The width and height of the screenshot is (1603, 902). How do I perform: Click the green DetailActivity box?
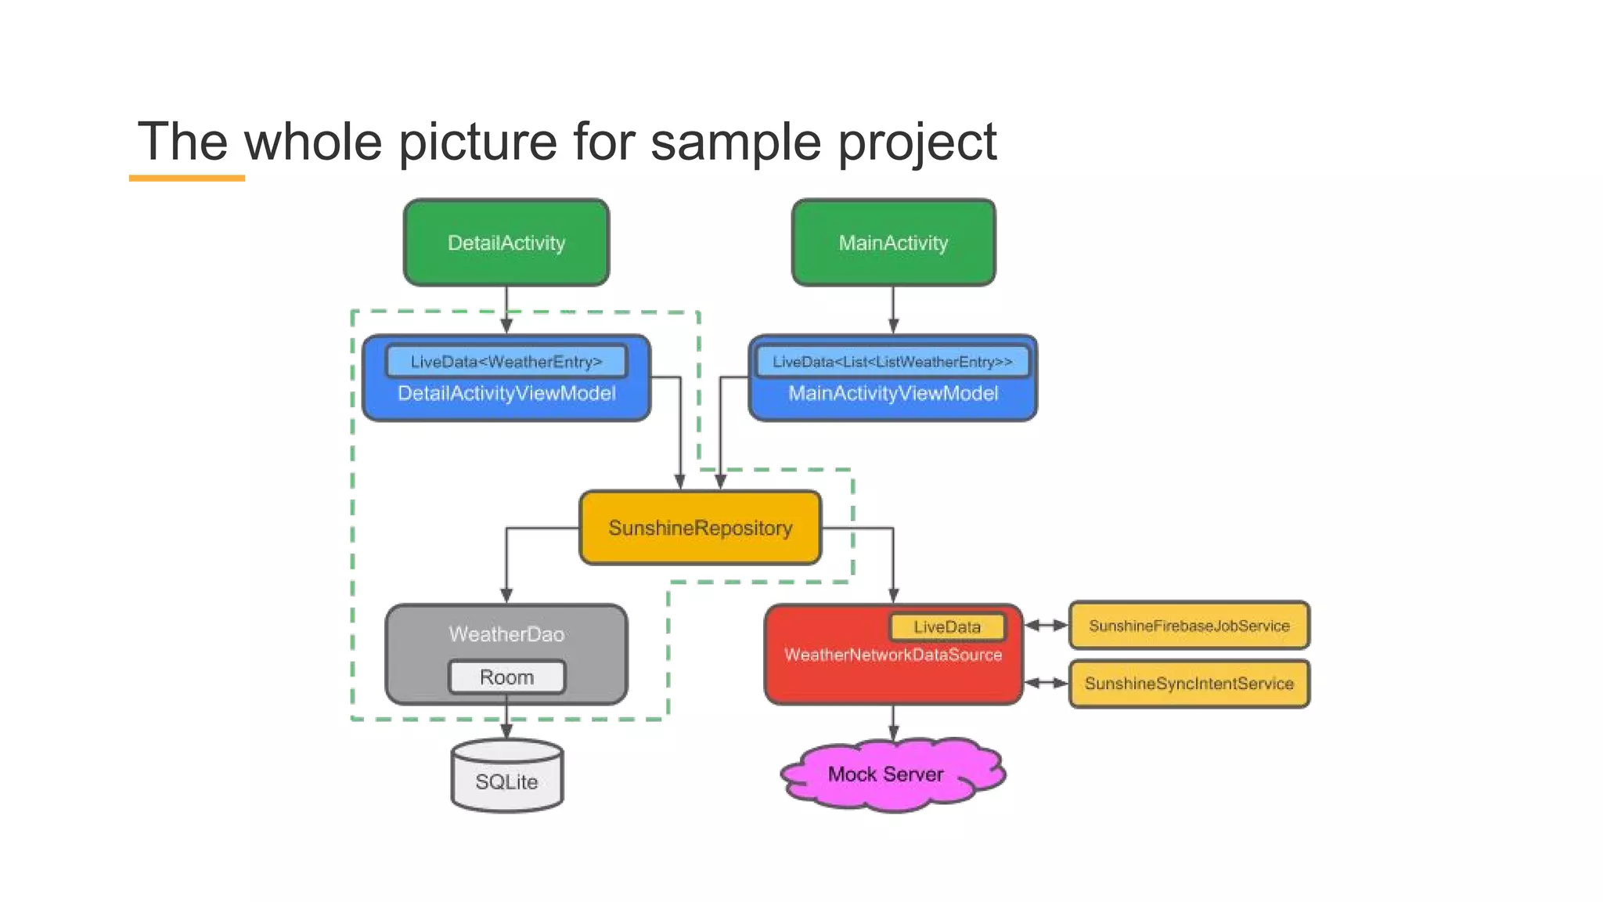(x=506, y=243)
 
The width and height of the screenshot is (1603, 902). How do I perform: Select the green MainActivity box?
(x=893, y=243)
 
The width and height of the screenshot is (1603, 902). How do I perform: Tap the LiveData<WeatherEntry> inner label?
(x=506, y=362)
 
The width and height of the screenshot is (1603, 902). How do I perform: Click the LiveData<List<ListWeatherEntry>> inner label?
(x=892, y=362)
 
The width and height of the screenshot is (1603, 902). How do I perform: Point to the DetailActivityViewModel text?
(x=506, y=394)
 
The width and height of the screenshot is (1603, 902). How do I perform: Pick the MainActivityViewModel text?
(x=892, y=394)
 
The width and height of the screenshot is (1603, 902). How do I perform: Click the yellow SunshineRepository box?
(x=700, y=529)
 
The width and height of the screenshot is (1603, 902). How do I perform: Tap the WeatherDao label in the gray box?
(x=506, y=634)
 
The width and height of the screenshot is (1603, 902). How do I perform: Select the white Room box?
(x=506, y=677)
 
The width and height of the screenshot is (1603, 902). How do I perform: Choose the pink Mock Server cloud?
(x=887, y=774)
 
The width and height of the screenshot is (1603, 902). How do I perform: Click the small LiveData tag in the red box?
(x=947, y=627)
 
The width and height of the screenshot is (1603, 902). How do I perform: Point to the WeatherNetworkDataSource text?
(x=892, y=655)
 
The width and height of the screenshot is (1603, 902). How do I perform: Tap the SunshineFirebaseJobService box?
(x=1188, y=626)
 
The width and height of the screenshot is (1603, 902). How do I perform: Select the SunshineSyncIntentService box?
(x=1188, y=684)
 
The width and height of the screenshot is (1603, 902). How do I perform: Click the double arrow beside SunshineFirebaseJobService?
(x=1046, y=625)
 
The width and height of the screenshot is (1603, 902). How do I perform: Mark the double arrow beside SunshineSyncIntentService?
(x=1046, y=683)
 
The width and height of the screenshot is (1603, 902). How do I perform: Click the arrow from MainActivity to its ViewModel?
(x=893, y=310)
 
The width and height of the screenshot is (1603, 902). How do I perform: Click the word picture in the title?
(x=479, y=143)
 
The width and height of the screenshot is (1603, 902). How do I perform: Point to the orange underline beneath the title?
(x=186, y=179)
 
